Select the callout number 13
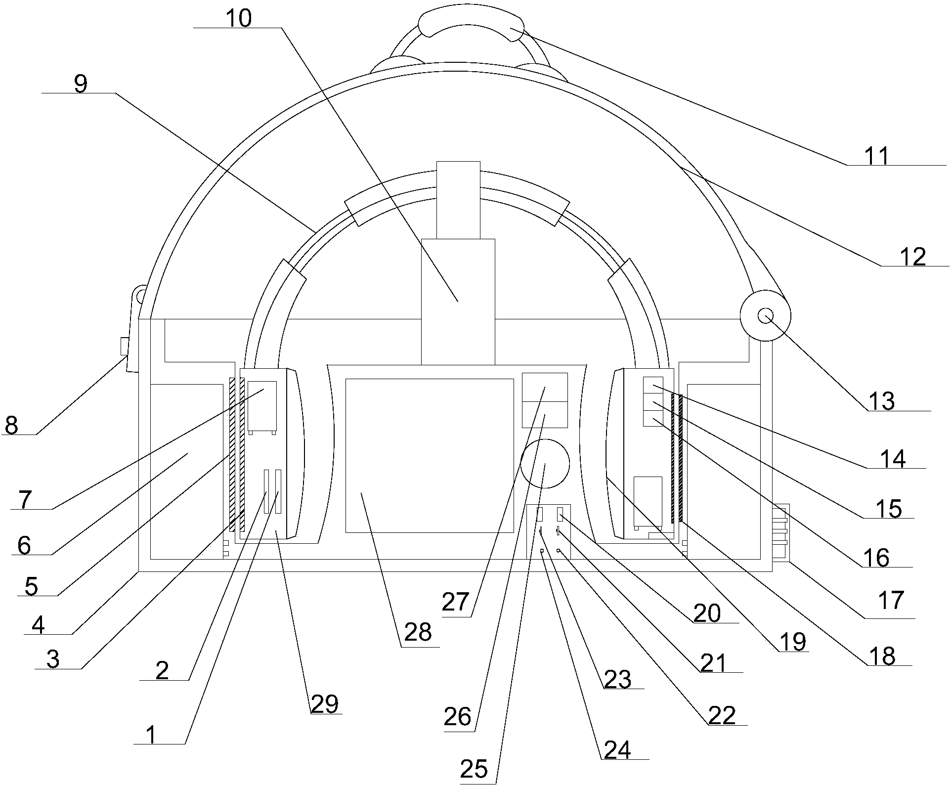881,401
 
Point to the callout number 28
418,632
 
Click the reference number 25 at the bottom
474,768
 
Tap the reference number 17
891,600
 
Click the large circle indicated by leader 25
545,463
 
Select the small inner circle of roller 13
765,315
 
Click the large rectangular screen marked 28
430,455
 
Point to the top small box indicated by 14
653,384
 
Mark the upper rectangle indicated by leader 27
545,387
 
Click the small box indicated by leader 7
262,405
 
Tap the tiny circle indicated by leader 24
542,550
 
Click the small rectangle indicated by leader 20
561,514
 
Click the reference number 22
722,715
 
